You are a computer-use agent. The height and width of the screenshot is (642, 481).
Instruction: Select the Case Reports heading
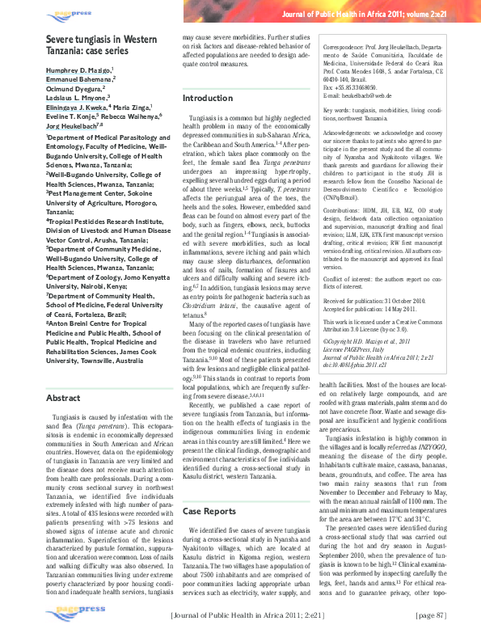tap(209, 511)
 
